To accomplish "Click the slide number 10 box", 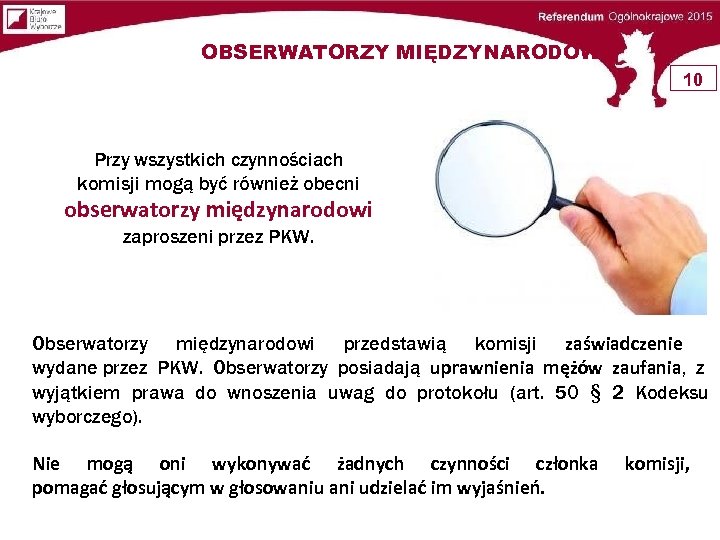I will pyautogui.click(x=694, y=78).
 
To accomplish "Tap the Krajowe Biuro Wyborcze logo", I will pyautogui.click(x=33, y=18).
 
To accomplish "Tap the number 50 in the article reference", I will pyautogui.click(x=566, y=393).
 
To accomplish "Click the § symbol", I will pyautogui.click(x=596, y=393).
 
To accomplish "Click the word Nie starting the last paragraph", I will pyautogui.click(x=46, y=464).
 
